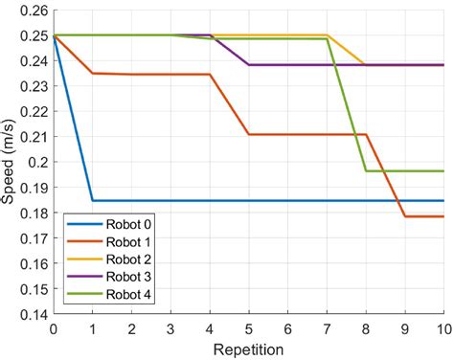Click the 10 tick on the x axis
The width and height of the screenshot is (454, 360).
click(443, 328)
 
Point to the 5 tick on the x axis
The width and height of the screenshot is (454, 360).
click(248, 328)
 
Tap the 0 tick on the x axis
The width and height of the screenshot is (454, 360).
click(53, 328)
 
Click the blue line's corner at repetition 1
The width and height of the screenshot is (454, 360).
click(92, 200)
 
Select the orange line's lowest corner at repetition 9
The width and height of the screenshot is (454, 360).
click(405, 216)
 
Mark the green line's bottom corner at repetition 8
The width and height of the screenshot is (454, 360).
click(366, 171)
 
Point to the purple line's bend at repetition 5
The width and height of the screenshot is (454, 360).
click(248, 65)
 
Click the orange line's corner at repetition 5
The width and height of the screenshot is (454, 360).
click(248, 134)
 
